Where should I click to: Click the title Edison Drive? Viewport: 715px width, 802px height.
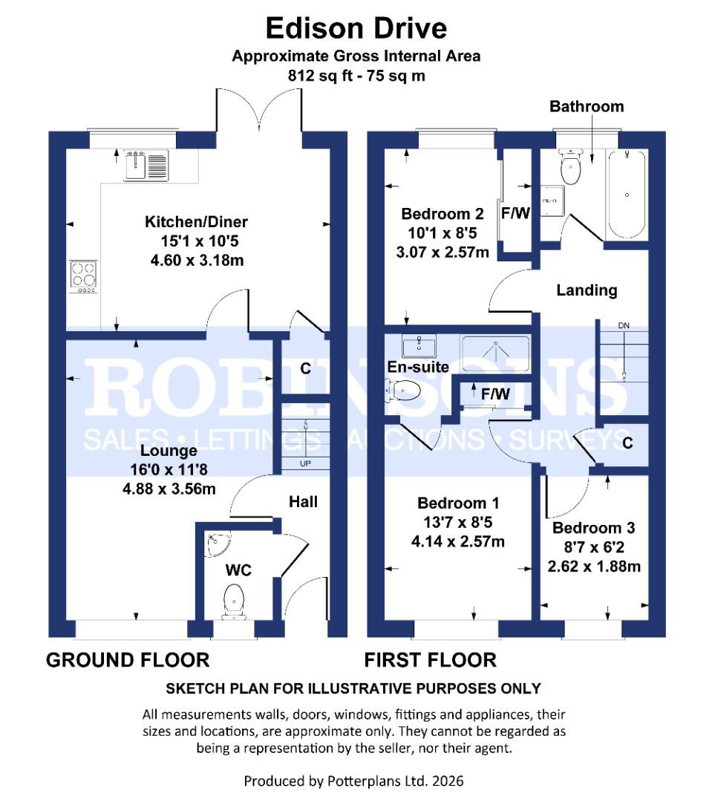click(x=356, y=28)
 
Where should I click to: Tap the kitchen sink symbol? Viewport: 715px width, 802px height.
click(x=148, y=165)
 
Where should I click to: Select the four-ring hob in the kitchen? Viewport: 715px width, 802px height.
click(x=83, y=276)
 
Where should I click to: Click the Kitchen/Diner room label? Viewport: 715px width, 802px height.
click(x=196, y=222)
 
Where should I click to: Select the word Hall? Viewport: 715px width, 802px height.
click(x=303, y=502)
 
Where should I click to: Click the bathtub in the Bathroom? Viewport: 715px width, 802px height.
click(x=627, y=193)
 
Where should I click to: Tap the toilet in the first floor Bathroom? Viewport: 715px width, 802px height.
click(x=571, y=168)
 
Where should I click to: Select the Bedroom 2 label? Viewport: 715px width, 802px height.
click(x=443, y=214)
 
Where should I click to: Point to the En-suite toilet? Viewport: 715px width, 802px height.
click(x=404, y=389)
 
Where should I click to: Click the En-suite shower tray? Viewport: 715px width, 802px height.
click(x=496, y=353)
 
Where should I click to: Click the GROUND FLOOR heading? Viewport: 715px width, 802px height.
click(x=128, y=659)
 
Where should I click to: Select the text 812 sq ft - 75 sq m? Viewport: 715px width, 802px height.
click(x=356, y=76)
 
